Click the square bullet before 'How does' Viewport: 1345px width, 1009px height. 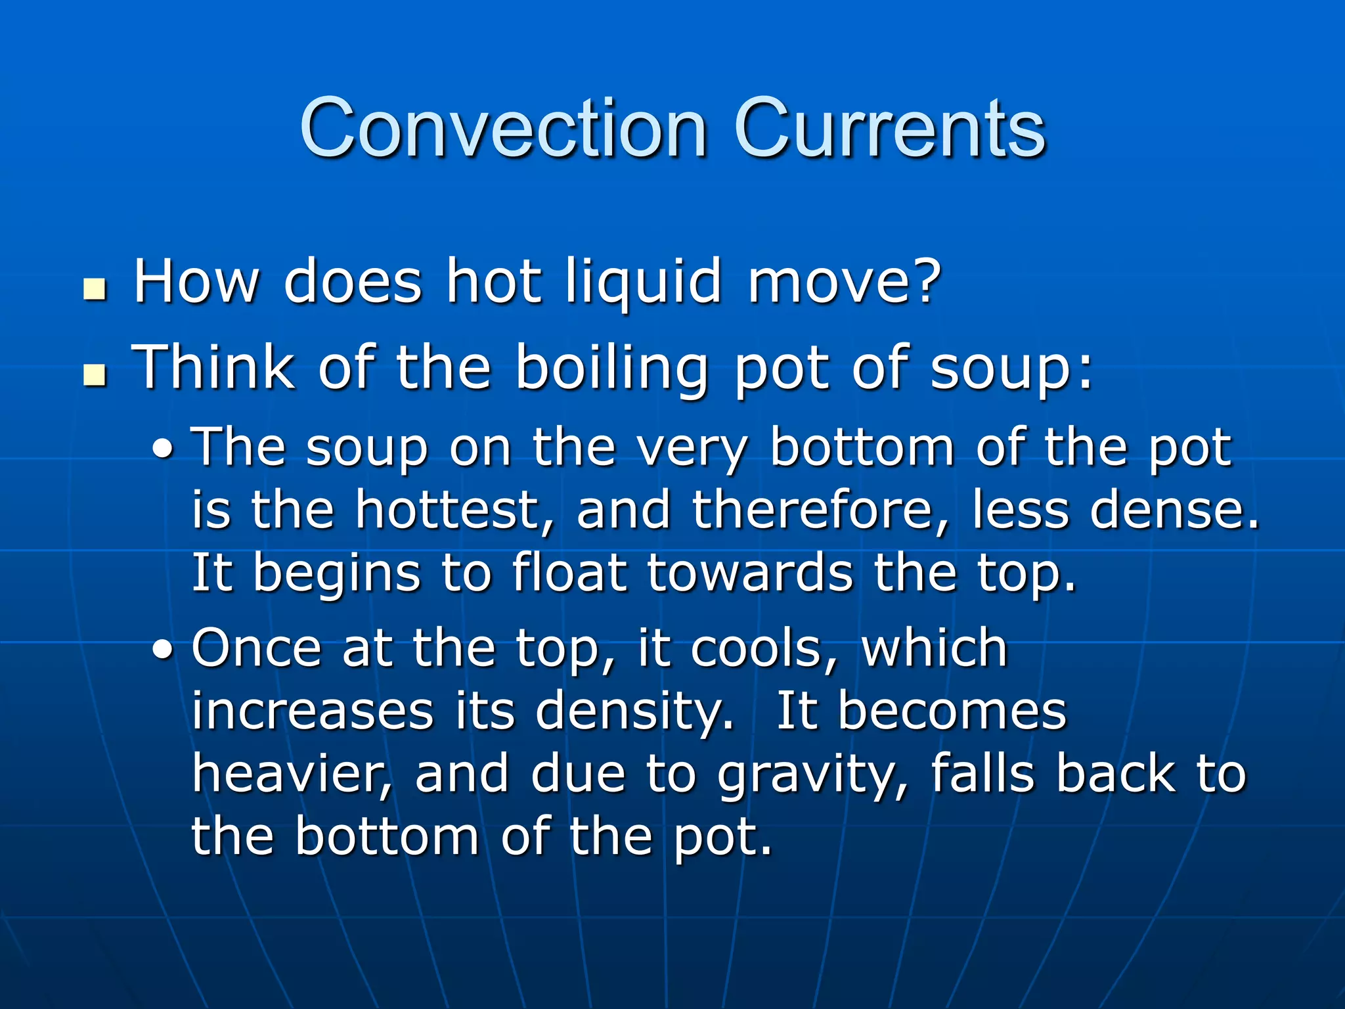95,289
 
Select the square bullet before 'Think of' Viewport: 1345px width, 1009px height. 95,374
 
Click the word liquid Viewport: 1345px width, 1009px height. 644,282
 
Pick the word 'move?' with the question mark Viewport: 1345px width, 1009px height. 845,282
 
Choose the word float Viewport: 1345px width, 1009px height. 568,573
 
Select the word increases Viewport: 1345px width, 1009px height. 313,712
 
